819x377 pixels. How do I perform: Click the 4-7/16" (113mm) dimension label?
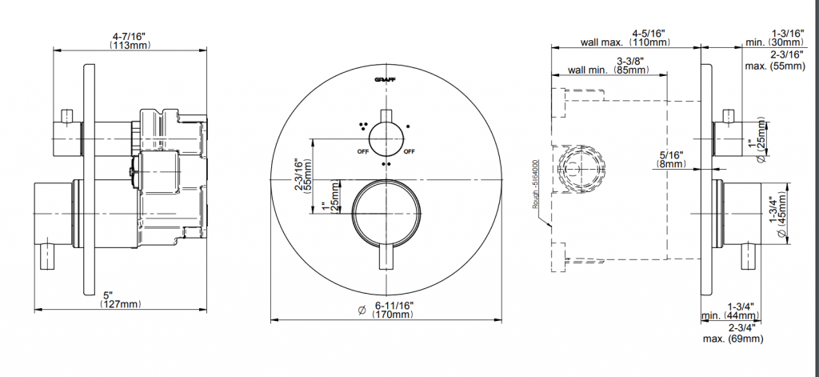[130, 41]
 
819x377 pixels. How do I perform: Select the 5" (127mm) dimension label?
[121, 299]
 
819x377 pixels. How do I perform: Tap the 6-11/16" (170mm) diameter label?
[393, 310]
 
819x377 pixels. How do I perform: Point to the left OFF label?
[363, 151]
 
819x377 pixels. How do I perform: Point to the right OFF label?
[409, 151]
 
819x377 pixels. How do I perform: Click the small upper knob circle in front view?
[386, 138]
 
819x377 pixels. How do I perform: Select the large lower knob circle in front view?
[386, 213]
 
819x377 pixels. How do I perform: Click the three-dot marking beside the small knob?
[362, 125]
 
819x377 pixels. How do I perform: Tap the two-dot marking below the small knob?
[386, 163]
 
